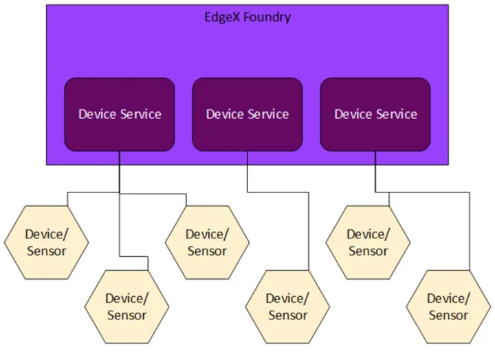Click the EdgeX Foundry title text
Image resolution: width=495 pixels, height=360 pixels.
[247, 17]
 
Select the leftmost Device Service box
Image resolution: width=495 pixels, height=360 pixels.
[120, 114]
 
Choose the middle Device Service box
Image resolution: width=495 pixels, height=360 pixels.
[247, 114]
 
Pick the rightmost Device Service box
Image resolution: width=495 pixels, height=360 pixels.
[375, 114]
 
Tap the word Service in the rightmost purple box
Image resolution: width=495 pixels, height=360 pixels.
[397, 114]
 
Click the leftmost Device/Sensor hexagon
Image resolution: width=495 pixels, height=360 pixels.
[47, 242]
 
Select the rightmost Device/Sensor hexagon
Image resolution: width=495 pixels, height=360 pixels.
[448, 306]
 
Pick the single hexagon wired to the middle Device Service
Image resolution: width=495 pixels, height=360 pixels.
[287, 306]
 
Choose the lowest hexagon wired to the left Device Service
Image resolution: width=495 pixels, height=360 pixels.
[126, 306]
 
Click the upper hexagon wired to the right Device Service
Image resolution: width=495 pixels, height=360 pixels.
[368, 242]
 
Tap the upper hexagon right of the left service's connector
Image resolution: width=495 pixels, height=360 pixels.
[207, 242]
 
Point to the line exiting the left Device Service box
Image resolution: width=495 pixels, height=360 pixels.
[120, 172]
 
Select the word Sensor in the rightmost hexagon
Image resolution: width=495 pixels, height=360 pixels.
[448, 315]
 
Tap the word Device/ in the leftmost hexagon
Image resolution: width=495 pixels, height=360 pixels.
[47, 234]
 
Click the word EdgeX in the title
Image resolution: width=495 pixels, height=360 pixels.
[221, 17]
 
